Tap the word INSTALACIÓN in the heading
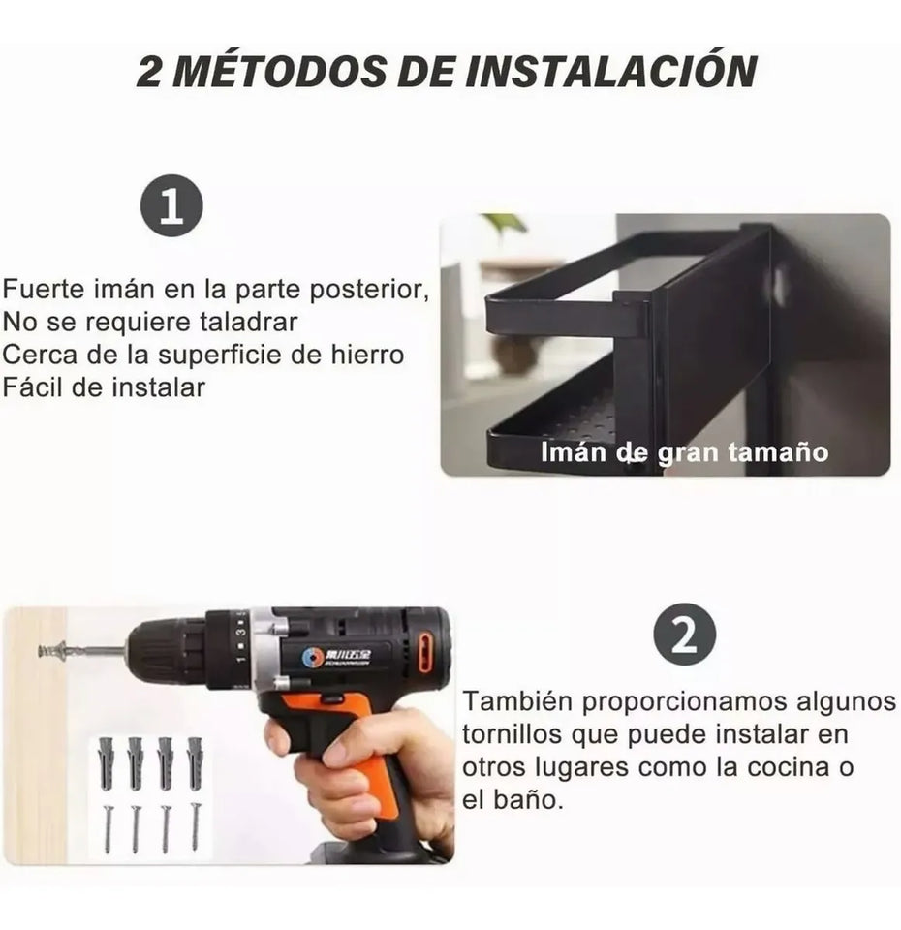pyautogui.click(x=609, y=72)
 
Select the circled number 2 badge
pyautogui.click(x=684, y=635)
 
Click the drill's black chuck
pyautogui.click(x=165, y=651)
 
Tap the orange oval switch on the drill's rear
pyautogui.click(x=425, y=652)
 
